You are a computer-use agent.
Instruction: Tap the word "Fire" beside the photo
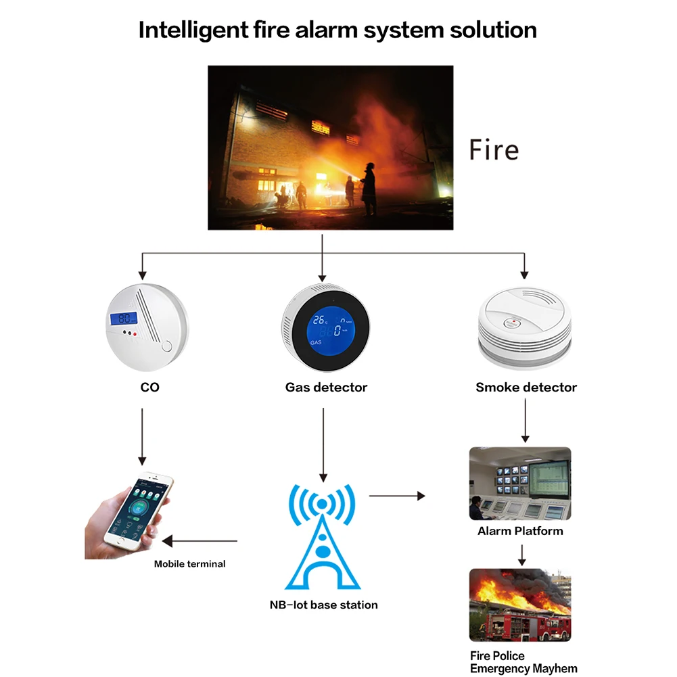pyautogui.click(x=494, y=149)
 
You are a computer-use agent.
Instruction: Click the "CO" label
pyautogui.click(x=149, y=388)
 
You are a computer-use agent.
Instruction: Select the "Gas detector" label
pyautogui.click(x=326, y=388)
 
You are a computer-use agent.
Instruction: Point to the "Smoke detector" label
pyautogui.click(x=526, y=388)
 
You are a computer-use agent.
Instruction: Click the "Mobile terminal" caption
pyautogui.click(x=189, y=563)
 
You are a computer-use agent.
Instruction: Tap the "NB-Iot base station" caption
pyautogui.click(x=323, y=605)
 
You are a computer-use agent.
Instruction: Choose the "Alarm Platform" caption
pyautogui.click(x=520, y=531)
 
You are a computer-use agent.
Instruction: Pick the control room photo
pyautogui.click(x=520, y=483)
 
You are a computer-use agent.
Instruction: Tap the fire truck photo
pyautogui.click(x=520, y=605)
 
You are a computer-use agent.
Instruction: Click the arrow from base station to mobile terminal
pyautogui.click(x=200, y=541)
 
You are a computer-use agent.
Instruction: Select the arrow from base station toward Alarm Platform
pyautogui.click(x=397, y=496)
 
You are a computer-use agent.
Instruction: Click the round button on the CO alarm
pyautogui.click(x=168, y=347)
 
